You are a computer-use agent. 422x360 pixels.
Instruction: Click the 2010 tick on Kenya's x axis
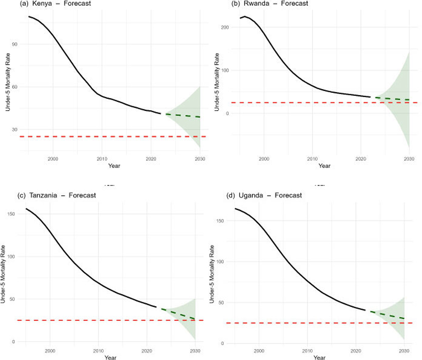tap(101, 158)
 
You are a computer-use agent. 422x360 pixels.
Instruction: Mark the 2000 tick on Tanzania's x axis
tap(50, 350)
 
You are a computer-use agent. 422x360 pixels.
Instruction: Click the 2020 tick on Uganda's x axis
tap(355, 351)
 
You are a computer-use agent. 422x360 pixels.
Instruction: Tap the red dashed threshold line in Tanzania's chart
tap(100, 320)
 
